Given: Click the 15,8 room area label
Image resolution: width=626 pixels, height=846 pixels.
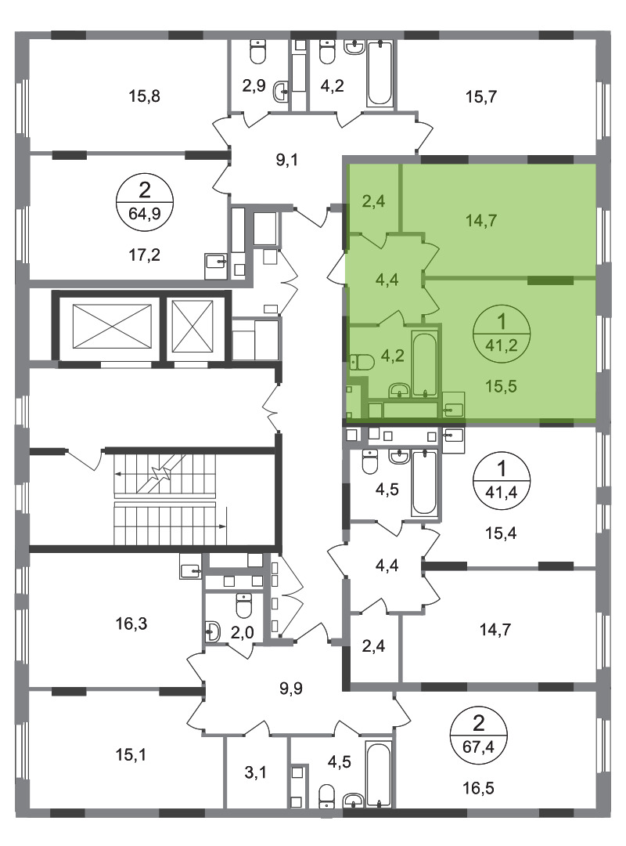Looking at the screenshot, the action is pos(145,97).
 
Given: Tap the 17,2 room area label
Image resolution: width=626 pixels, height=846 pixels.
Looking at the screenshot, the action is pos(145,255).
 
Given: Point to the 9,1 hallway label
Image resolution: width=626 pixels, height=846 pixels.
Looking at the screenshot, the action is pos(287,161).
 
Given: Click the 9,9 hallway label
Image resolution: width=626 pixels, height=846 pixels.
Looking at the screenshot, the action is pos(291,689).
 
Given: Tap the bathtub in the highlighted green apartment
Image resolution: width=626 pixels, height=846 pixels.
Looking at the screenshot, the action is pos(424,365).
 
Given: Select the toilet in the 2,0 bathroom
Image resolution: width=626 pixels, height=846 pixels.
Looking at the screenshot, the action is pos(243,605).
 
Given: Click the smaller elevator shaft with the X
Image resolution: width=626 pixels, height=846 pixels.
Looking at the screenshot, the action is pos(192,326).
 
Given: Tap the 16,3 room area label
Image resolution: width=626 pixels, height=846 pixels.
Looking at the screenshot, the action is pos(131,624).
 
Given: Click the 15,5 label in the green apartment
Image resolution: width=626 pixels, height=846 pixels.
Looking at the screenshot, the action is pos(502,386).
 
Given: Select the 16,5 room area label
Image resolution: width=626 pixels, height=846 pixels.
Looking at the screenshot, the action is pos(478,789).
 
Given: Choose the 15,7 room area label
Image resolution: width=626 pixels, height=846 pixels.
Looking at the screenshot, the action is pos(481,97).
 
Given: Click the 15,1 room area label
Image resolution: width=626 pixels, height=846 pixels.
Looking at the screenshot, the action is pos(131,755).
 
